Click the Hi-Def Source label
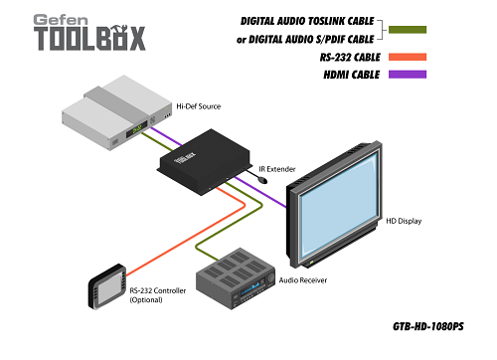click(199, 104)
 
